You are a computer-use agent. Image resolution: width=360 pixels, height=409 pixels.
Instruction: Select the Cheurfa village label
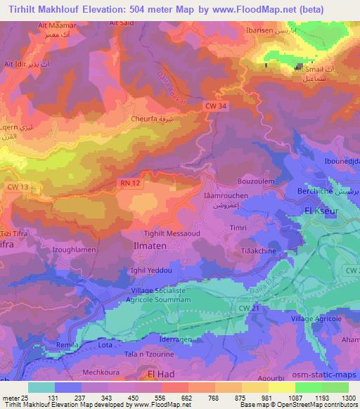coord(147,119)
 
